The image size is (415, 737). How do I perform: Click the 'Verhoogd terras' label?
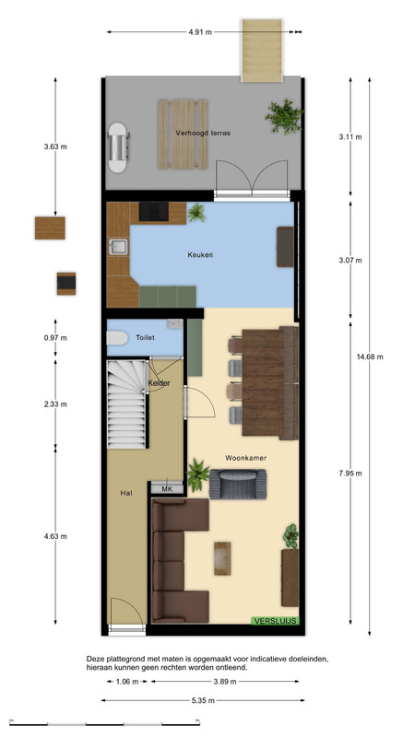(203, 133)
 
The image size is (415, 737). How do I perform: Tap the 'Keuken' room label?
(200, 255)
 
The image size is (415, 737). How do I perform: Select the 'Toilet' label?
(145, 337)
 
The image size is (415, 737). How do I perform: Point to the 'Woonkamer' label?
(245, 457)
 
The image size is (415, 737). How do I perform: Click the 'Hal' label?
(126, 493)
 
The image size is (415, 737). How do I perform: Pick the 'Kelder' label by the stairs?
(159, 383)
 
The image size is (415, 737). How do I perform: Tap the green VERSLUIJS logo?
(275, 621)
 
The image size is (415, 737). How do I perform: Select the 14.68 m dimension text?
(370, 357)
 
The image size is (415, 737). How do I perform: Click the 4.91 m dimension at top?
(200, 32)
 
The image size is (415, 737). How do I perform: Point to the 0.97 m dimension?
(55, 337)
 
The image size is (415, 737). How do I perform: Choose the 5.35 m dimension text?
(203, 700)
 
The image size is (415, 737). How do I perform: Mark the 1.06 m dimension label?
(126, 682)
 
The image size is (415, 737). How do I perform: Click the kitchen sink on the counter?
(118, 247)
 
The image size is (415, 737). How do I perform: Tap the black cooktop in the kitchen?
(154, 212)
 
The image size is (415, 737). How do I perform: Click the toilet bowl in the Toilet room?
(117, 338)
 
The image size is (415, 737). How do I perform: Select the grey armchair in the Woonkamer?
(238, 485)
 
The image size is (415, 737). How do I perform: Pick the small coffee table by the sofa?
(222, 558)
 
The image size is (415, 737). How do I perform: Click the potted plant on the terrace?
(284, 116)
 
